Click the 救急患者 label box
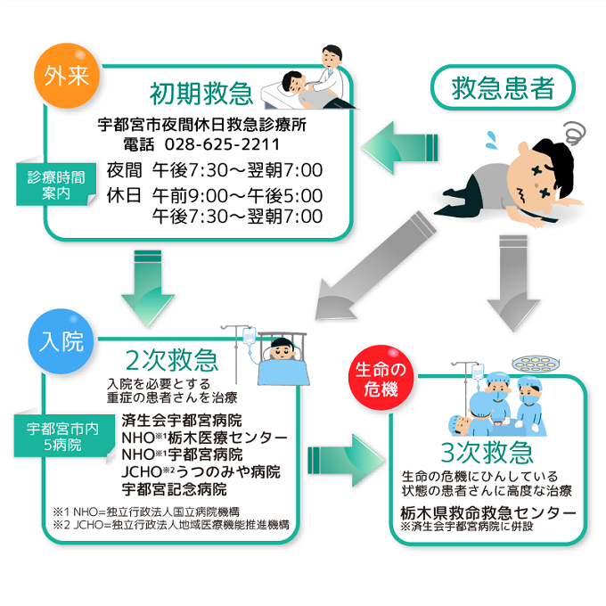coord(503,88)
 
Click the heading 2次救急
coord(171,360)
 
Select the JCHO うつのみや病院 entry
coord(201,471)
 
